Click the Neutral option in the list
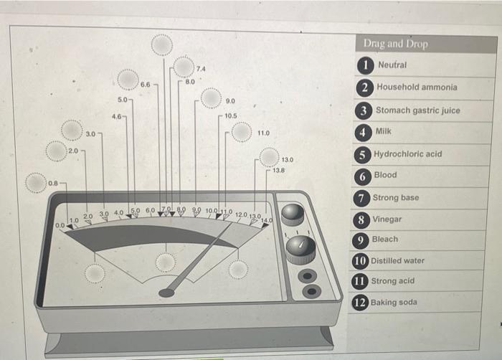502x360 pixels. [392, 65]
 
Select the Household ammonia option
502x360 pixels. [417, 87]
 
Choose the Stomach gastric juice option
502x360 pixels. [418, 110]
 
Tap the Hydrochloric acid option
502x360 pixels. [407, 154]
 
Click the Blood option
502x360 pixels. [384, 175]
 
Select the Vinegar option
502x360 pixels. [387, 219]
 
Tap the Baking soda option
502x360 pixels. [394, 302]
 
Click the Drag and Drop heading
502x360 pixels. [395, 44]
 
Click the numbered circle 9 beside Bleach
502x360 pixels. [364, 240]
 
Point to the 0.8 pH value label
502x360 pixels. [54, 184]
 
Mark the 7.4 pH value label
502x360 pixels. [201, 68]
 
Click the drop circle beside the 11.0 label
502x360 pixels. [242, 133]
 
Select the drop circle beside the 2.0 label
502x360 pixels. [57, 151]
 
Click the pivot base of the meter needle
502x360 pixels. [166, 293]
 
